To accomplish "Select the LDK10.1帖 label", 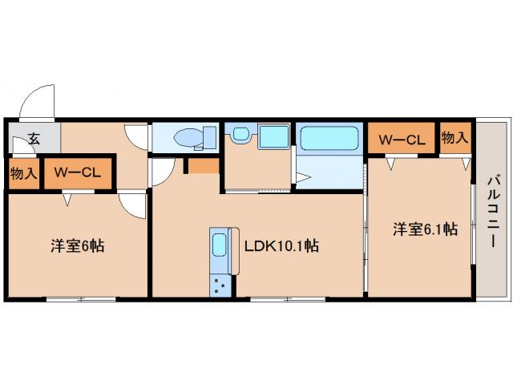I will tap(281, 247).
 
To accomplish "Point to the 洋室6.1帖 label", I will tap(425, 229).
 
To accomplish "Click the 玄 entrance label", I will tap(34, 138).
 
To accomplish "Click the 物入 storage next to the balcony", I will tap(454, 138).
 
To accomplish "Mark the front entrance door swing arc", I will tap(35, 102).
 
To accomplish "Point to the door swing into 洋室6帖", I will tap(132, 205).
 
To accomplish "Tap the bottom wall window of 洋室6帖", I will tap(79, 299).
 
